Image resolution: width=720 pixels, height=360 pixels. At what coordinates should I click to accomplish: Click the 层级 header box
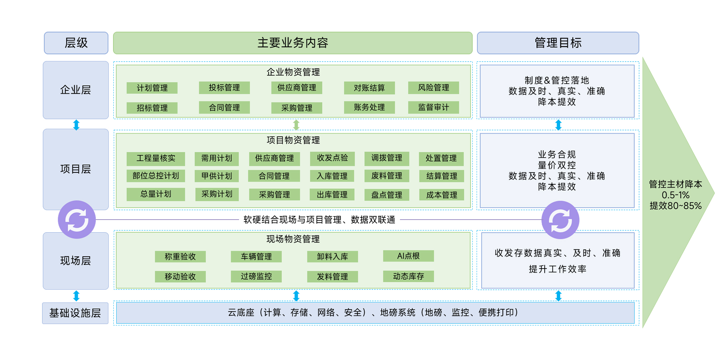pyautogui.click(x=76, y=43)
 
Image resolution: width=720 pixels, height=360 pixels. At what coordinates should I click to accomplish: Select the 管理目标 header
pyautogui.click(x=558, y=43)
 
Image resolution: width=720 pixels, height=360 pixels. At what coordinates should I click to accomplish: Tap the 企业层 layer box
pyautogui.click(x=76, y=90)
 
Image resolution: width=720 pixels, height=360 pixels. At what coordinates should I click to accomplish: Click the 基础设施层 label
pyautogui.click(x=75, y=313)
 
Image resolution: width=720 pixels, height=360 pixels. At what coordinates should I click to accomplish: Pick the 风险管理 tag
pyautogui.click(x=433, y=87)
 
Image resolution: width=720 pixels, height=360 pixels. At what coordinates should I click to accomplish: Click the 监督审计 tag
pyautogui.click(x=433, y=107)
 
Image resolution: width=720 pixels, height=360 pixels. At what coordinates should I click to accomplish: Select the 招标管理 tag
pyautogui.click(x=152, y=108)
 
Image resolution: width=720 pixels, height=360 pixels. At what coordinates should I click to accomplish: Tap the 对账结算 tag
pyautogui.click(x=369, y=88)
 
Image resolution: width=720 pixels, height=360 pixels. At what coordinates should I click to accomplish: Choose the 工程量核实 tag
pyautogui.click(x=156, y=158)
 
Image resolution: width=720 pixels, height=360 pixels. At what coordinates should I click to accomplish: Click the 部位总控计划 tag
pyautogui.click(x=156, y=176)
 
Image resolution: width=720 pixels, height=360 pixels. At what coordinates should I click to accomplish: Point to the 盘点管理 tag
pyautogui.click(x=387, y=195)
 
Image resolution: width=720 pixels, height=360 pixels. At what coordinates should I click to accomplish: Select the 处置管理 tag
pyautogui.click(x=441, y=158)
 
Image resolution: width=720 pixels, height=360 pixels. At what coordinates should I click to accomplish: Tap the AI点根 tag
pyautogui.click(x=408, y=256)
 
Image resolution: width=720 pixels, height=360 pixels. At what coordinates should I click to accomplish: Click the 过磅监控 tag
pyautogui.click(x=256, y=276)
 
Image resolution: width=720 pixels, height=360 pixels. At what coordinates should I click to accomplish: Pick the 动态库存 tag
pyautogui.click(x=408, y=276)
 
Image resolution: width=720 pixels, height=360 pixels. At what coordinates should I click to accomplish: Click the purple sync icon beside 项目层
pyautogui.click(x=77, y=220)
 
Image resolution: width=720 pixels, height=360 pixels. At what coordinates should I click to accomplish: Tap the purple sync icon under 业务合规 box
pyautogui.click(x=560, y=220)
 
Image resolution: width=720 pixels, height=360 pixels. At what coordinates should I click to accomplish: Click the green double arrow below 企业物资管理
pyautogui.click(x=296, y=125)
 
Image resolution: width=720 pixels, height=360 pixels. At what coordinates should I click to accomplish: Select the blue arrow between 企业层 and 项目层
pyautogui.click(x=76, y=125)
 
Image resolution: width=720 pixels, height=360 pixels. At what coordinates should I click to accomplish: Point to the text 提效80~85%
pyautogui.click(x=675, y=206)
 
